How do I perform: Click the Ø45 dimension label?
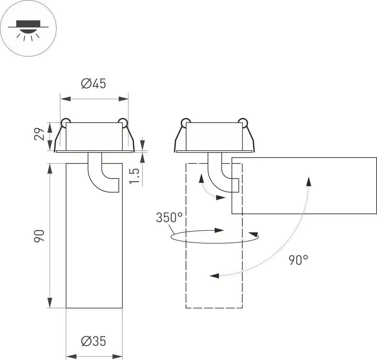click(93, 84)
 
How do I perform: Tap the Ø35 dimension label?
click(93, 341)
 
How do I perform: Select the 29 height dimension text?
click(41, 134)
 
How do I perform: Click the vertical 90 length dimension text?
click(40, 236)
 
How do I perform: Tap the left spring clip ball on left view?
click(66, 122)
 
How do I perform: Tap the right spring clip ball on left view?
click(122, 122)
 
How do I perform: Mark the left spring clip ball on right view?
click(186, 122)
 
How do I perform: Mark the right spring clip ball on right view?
click(242, 122)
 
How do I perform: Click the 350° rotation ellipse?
click(215, 237)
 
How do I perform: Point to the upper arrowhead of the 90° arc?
click(308, 181)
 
